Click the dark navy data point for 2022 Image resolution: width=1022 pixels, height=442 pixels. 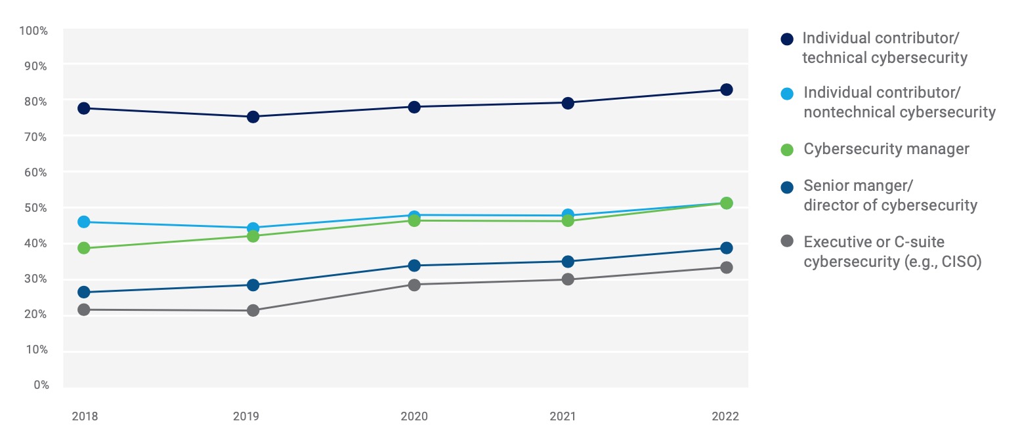(726, 90)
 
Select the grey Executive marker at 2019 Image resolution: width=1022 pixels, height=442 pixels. (253, 310)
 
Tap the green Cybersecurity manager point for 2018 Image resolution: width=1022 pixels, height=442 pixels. (83, 249)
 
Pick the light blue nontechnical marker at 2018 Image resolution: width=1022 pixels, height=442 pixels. (83, 222)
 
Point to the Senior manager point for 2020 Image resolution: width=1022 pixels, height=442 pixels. (414, 266)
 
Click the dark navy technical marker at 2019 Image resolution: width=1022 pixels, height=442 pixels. (253, 117)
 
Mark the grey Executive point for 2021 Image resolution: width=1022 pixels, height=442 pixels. (568, 279)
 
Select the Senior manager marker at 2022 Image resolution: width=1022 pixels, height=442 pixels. (726, 248)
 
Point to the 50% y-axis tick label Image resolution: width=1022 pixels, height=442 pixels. (37, 208)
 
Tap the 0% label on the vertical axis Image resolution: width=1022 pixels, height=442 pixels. (41, 385)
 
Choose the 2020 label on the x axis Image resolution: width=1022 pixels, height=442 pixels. (414, 416)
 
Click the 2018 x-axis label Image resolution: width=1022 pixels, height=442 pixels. (85, 416)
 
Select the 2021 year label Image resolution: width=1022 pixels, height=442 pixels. (568, 416)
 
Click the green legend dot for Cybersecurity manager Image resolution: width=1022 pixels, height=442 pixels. (787, 150)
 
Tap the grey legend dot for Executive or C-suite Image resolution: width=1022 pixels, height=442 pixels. (787, 242)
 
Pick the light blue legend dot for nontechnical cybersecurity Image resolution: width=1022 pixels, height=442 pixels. (787, 93)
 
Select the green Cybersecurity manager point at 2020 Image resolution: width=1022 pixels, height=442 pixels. (414, 220)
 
